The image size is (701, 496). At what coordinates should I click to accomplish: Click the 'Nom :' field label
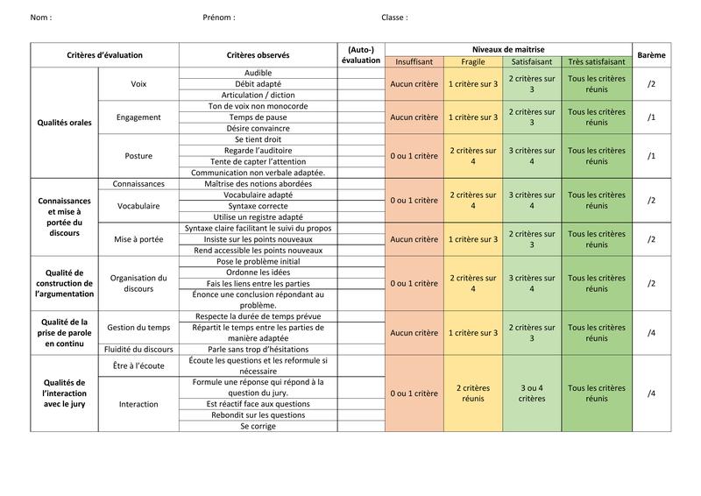[x=40, y=18]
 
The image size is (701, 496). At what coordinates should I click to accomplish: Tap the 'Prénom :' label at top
[x=218, y=18]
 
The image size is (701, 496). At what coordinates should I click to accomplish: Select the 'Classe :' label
[x=394, y=18]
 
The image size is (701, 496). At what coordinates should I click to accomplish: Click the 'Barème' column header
[x=651, y=55]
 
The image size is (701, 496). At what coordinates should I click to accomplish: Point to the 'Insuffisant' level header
[x=414, y=62]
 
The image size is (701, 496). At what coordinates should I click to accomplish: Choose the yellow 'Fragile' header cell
[x=472, y=62]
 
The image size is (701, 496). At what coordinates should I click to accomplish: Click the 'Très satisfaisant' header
[x=597, y=62]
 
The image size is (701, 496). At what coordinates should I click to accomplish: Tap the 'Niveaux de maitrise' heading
[x=508, y=49]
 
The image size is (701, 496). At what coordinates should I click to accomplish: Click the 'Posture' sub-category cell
[x=138, y=156]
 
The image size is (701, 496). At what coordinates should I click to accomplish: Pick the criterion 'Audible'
[x=258, y=73]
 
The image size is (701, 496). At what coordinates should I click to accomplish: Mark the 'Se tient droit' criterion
[x=258, y=139]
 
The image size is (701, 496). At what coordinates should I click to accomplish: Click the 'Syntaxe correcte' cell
[x=258, y=206]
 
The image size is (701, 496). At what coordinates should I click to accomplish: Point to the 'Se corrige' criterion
[x=258, y=426]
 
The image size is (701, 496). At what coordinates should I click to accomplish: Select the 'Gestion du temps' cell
[x=138, y=327]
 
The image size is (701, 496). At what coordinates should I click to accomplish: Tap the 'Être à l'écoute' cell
[x=138, y=364]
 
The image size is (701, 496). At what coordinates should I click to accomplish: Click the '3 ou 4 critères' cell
[x=532, y=393]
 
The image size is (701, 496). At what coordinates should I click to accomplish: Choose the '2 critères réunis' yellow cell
[x=472, y=393]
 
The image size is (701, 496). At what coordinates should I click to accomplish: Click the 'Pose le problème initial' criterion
[x=258, y=261]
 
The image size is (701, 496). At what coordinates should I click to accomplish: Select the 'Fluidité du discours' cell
[x=138, y=349]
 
